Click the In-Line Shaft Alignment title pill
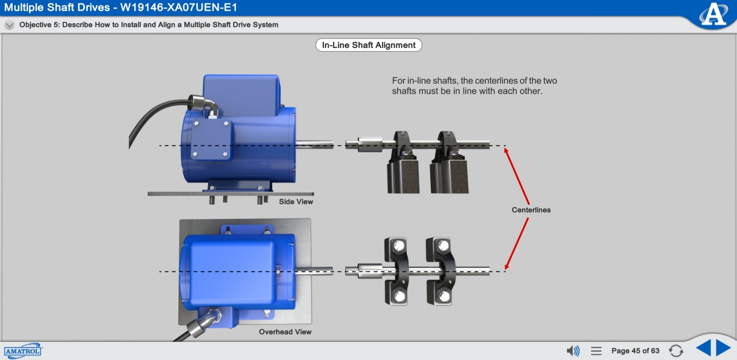click(x=368, y=45)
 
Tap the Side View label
click(x=296, y=202)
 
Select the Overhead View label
click(x=285, y=332)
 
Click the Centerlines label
click(x=531, y=210)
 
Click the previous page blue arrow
click(x=703, y=348)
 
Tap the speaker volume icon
click(x=573, y=351)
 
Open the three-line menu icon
click(x=596, y=351)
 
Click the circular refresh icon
click(x=676, y=351)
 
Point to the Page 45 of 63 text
click(x=635, y=351)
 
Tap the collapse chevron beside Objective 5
click(x=9, y=25)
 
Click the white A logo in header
click(x=714, y=14)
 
